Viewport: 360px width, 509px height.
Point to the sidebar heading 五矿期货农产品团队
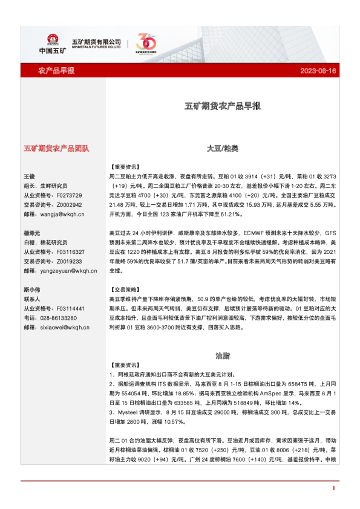coord(56,148)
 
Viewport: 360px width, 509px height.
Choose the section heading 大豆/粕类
coord(223,148)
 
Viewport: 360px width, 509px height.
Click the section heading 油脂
coord(223,355)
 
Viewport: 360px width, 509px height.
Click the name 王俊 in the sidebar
coord(30,176)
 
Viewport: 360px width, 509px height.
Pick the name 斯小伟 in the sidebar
coord(31,289)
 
